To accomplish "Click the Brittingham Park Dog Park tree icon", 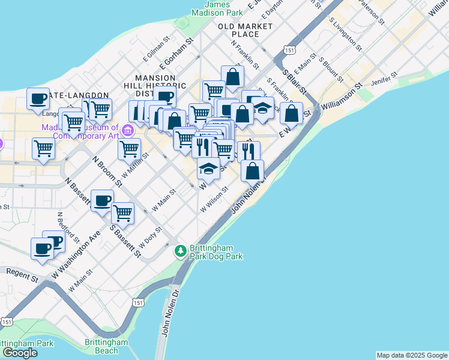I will (180, 250).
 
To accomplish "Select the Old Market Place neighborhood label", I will (246, 30).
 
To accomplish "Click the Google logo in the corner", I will (19, 352).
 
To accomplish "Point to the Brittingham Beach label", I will (106, 346).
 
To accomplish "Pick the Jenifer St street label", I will (385, 79).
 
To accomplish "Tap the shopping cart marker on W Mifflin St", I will (129, 148).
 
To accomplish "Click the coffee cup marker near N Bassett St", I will (102, 200).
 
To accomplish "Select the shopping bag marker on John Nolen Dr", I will (253, 170).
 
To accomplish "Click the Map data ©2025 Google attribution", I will (412, 355).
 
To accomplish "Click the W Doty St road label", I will (150, 238).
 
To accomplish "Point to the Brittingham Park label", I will (28, 344).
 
